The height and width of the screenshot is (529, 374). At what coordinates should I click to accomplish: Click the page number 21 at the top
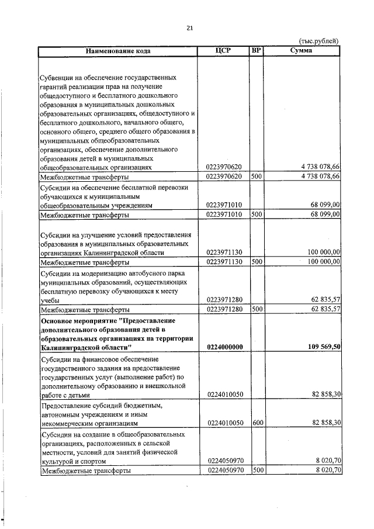coord(189,27)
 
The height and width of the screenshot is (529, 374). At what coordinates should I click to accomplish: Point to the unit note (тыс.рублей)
coord(318,41)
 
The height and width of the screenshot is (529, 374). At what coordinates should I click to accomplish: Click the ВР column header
coord(255,51)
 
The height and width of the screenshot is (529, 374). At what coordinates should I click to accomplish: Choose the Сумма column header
coord(301,51)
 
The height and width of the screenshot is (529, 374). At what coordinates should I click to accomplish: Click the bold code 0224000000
coord(225,347)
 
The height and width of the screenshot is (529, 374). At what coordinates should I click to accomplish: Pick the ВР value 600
coord(256,423)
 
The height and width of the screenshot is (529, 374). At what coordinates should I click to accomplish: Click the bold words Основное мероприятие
coord(76,320)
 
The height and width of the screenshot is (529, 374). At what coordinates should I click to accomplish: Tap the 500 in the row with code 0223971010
coord(256,215)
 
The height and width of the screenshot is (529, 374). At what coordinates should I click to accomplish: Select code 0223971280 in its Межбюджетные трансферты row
coord(225,309)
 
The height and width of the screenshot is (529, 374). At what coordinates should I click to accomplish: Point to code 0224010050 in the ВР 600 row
coord(225,423)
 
